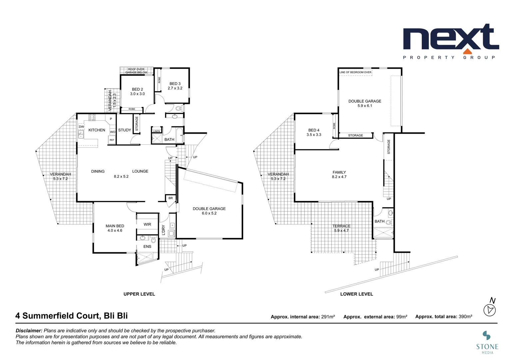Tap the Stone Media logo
(x=487, y=342)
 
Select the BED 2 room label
(x=137, y=89)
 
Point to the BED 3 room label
(x=175, y=84)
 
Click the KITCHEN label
(x=97, y=130)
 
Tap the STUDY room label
(x=125, y=130)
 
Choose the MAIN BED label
(x=115, y=226)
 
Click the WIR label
(x=147, y=224)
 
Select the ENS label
(x=147, y=247)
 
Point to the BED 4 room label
(x=314, y=130)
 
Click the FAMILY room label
(x=339, y=172)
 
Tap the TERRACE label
(x=341, y=226)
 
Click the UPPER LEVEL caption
(x=139, y=294)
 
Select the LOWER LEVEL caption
(x=356, y=294)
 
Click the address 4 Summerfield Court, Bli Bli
(x=72, y=316)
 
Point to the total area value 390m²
(x=465, y=317)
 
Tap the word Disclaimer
(x=29, y=331)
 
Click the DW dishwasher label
(x=81, y=127)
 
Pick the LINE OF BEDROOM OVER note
(x=355, y=72)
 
